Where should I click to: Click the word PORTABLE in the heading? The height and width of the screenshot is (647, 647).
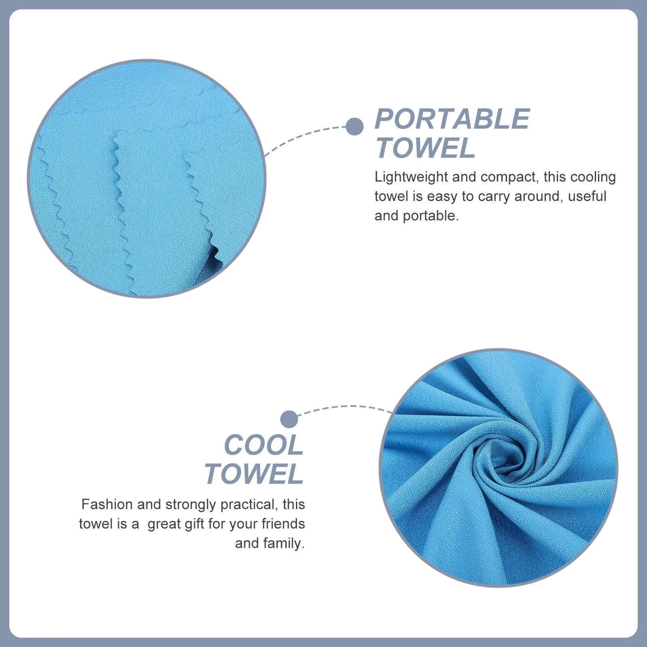pos(452,119)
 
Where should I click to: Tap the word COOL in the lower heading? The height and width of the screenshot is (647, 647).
pos(264,445)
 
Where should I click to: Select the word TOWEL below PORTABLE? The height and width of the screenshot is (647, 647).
pos(425,148)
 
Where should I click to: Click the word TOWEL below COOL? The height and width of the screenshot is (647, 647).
pos(254,474)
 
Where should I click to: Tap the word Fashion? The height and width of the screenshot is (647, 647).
pos(107,504)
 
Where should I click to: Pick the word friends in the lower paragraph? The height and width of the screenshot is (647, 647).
pos(283,524)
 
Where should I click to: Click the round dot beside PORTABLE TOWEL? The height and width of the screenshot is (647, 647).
pos(355,127)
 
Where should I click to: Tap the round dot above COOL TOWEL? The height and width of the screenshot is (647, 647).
pos(289,419)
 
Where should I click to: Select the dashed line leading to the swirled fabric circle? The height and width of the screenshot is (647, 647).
pos(344,407)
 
